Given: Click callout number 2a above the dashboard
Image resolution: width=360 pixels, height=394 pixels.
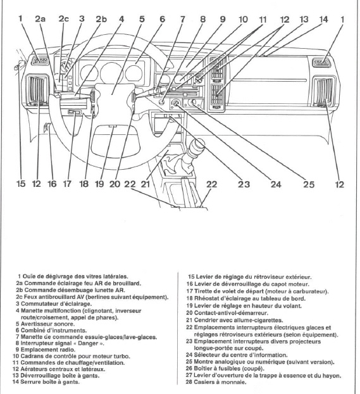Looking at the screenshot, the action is (x=40, y=19).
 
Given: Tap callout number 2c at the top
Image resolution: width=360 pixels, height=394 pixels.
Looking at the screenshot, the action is (x=63, y=19).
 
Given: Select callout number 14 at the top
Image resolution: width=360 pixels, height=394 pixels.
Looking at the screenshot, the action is (x=323, y=20).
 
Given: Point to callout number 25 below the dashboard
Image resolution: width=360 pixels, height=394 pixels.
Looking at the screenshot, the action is (x=309, y=185).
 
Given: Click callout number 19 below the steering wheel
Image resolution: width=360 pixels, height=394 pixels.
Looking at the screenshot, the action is (x=99, y=184).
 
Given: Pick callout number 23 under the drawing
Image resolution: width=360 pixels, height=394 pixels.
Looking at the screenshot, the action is (x=244, y=185).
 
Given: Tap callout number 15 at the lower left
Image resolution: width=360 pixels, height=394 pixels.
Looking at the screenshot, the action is (x=21, y=184).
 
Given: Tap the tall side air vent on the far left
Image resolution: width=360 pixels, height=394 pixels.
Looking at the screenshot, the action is (x=37, y=89).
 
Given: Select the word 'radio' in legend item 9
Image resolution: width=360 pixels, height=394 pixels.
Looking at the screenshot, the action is (x=68, y=350).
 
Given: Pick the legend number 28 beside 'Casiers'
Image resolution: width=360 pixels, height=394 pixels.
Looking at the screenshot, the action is (x=189, y=382).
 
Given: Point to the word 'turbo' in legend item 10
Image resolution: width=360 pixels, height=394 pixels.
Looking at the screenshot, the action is (x=123, y=356).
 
